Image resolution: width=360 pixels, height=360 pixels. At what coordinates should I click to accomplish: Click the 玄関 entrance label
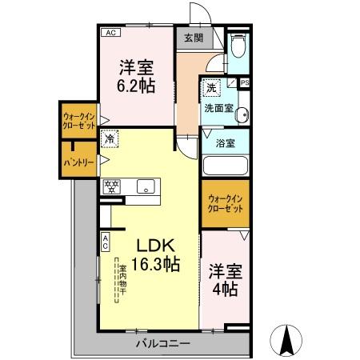[193, 37]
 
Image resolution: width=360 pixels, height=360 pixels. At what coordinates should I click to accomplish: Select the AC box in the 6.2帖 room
[109, 34]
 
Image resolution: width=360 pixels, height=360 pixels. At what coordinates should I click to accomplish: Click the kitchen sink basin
[145, 186]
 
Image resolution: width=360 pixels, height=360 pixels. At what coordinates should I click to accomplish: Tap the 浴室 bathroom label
[226, 142]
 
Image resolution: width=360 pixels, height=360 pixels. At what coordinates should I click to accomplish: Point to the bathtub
[226, 166]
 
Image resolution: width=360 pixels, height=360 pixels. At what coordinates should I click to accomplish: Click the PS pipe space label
[244, 82]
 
